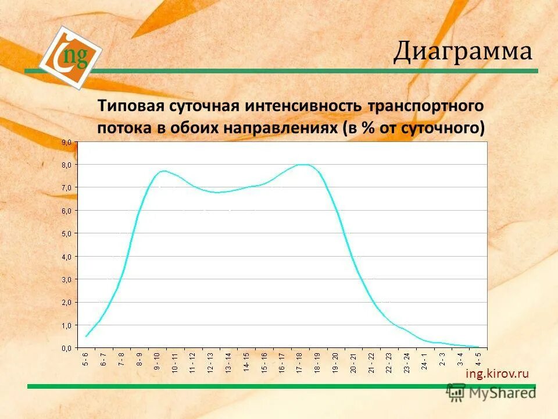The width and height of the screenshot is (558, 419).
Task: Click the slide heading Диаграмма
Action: click(463, 52)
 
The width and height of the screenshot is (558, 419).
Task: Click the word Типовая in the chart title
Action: click(131, 106)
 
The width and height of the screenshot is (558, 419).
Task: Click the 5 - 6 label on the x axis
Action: click(86, 359)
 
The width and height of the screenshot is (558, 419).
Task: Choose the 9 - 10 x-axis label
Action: click(157, 362)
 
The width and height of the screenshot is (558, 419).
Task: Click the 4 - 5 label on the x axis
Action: click(478, 359)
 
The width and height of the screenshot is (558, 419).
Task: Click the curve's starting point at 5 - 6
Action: click(86, 336)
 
